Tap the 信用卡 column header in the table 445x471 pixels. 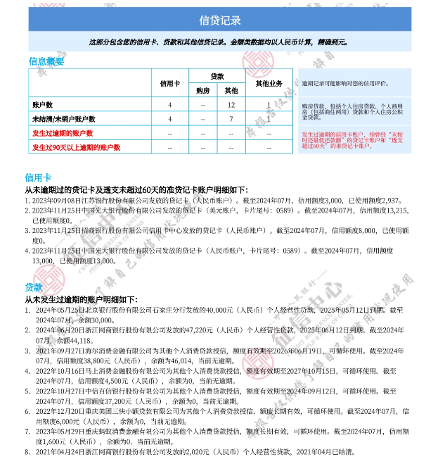pyautogui.click(x=170, y=84)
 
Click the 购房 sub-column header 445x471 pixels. pyautogui.click(x=202, y=91)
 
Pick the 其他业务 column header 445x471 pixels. pyautogui.click(x=268, y=84)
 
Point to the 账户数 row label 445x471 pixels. pyautogui.click(x=43, y=105)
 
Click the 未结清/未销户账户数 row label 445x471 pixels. pyautogui.click(x=64, y=119)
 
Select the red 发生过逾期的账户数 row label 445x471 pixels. pyautogui.click(x=63, y=133)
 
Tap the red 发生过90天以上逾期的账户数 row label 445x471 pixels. pyautogui.click(x=76, y=147)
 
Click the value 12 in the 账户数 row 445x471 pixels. pyautogui.click(x=231, y=105)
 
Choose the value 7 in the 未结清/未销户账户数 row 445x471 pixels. pyautogui.click(x=231, y=119)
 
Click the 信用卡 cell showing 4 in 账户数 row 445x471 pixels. pyautogui.click(x=170, y=105)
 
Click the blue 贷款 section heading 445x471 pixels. pyautogui.click(x=33, y=287)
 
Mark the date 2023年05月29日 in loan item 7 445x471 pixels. pyautogui.click(x=59, y=431)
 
